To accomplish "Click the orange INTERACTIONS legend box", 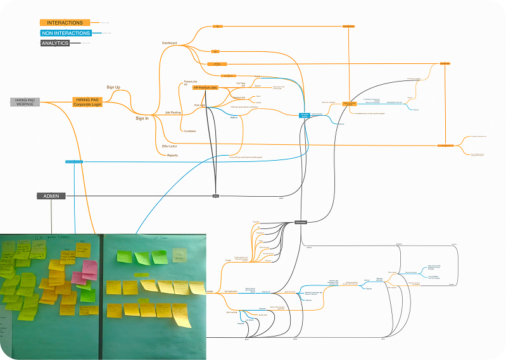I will click(x=65, y=23).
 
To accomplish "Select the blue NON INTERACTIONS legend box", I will click(x=65, y=33).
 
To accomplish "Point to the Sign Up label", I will click(x=113, y=87).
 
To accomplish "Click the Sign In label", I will click(x=142, y=118).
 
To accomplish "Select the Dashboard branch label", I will click(x=169, y=43).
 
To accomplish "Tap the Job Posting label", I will click(x=173, y=112).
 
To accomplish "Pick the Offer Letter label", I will click(x=168, y=146).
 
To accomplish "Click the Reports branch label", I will click(x=172, y=155).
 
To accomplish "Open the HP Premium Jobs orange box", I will click(x=205, y=88).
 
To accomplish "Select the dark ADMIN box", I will click(x=51, y=196).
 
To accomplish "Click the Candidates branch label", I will click(x=189, y=131).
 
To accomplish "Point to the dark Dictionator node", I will click(x=301, y=222).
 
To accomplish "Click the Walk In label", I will click(x=233, y=117).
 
